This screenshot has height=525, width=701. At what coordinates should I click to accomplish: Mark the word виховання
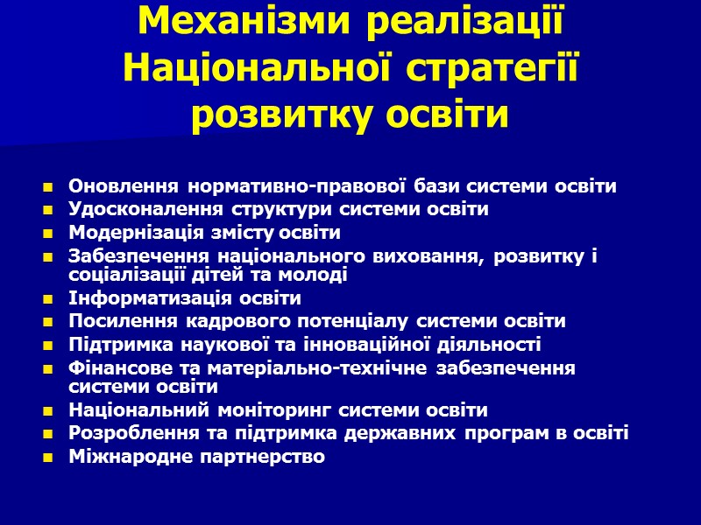[434, 255]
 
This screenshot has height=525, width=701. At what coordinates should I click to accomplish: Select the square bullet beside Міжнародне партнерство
[46, 457]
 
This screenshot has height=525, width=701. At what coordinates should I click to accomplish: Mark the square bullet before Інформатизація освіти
[46, 298]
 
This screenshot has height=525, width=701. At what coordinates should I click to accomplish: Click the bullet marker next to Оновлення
[46, 186]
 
